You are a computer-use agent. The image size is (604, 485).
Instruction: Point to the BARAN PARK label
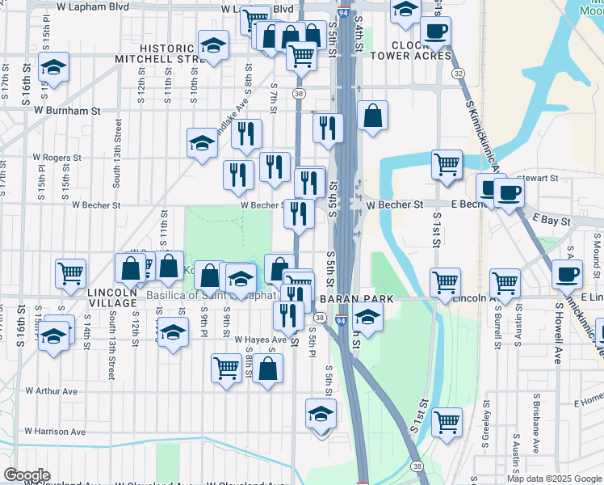click(355, 299)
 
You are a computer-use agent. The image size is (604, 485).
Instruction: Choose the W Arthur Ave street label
click(51, 391)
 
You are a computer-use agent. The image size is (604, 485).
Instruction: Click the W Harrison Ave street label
click(55, 432)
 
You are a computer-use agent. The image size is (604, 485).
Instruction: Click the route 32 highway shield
click(459, 73)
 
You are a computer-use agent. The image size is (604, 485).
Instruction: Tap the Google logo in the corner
click(27, 475)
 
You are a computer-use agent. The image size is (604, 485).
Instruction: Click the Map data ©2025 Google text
click(554, 479)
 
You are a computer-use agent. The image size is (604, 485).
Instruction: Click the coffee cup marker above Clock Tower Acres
click(435, 32)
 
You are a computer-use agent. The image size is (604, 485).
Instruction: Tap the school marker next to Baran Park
click(367, 318)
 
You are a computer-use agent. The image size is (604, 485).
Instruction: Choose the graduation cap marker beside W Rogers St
click(202, 143)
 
